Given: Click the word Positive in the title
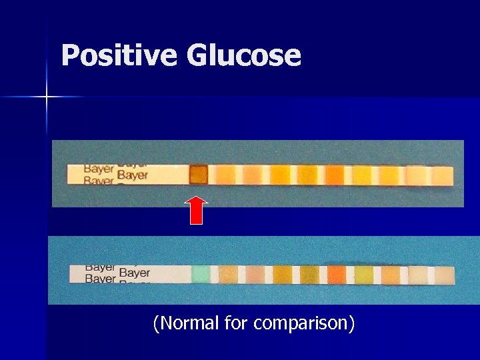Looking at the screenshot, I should [x=119, y=55].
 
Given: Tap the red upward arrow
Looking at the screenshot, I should [x=196, y=210].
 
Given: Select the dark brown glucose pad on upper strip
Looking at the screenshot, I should [x=199, y=175].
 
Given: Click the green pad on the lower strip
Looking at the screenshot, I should [x=201, y=274].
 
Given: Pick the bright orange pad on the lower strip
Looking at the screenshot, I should [x=337, y=274].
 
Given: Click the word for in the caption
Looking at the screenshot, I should [x=237, y=323].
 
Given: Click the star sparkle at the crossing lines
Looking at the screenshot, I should [x=47, y=97].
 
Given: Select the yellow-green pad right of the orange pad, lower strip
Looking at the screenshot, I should [x=364, y=274].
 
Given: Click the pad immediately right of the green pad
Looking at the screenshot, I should [x=228, y=274].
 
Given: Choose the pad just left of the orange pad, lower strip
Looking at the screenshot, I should [x=309, y=274].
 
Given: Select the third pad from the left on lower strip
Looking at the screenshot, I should [x=255, y=274].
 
